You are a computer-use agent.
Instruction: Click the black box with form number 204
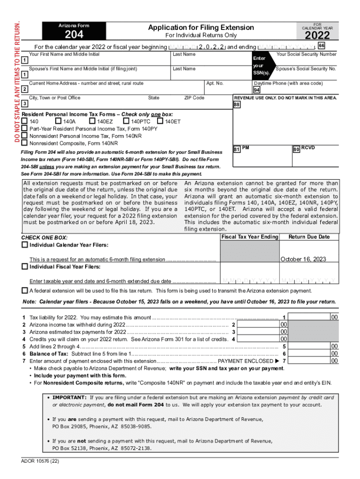pos(74,31)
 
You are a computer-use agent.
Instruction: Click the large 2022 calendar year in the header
pos(317,36)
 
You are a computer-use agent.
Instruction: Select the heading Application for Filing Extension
pos(201,28)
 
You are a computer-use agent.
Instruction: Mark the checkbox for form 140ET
pos(160,122)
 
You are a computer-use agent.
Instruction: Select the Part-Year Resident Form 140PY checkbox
pos(24,128)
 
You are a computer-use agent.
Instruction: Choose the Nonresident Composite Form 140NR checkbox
pos(24,143)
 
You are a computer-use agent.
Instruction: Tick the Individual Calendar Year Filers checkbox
pos(24,245)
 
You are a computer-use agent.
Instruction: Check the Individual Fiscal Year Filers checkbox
pos(24,266)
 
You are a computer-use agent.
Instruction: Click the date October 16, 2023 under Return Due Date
pos(303,259)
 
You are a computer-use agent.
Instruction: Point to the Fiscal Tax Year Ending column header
pos(249,237)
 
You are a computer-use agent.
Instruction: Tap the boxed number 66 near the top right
pos(321,45)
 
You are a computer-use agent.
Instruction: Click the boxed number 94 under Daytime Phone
pos(257,90)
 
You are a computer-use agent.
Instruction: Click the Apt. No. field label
pos(215,83)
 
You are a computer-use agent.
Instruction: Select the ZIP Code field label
pos(194,98)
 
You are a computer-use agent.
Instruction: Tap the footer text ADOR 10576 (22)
pos(40,461)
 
